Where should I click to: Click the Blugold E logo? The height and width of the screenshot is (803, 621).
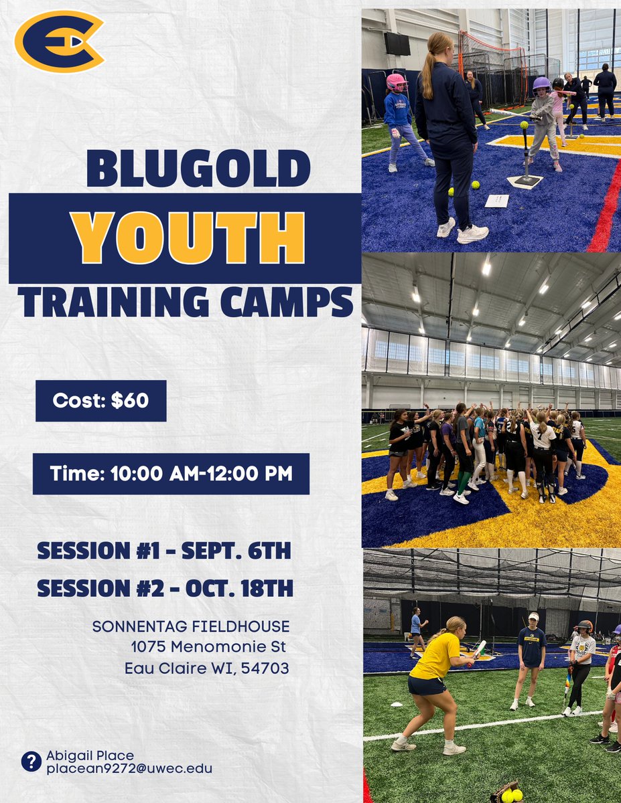(x=59, y=41)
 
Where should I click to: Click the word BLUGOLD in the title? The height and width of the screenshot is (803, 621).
(x=198, y=168)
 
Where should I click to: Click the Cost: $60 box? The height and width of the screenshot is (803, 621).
(x=100, y=401)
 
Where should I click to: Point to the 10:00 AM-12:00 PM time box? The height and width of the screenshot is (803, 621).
(x=171, y=474)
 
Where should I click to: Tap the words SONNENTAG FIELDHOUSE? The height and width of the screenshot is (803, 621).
(x=191, y=627)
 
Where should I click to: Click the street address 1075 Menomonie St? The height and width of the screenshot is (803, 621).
(x=208, y=647)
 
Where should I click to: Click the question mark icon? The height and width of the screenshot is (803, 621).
(x=31, y=762)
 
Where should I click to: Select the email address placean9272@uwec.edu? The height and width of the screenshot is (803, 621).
(x=129, y=769)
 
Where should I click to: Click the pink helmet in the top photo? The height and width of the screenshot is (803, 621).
(x=396, y=82)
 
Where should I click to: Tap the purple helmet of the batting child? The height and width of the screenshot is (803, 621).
(x=541, y=84)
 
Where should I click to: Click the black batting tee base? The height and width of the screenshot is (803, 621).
(x=524, y=181)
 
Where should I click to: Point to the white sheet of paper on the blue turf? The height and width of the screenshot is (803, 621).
(x=496, y=200)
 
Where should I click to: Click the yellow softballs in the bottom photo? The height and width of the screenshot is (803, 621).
(x=512, y=795)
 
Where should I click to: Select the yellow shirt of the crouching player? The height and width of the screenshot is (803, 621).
(x=436, y=654)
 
